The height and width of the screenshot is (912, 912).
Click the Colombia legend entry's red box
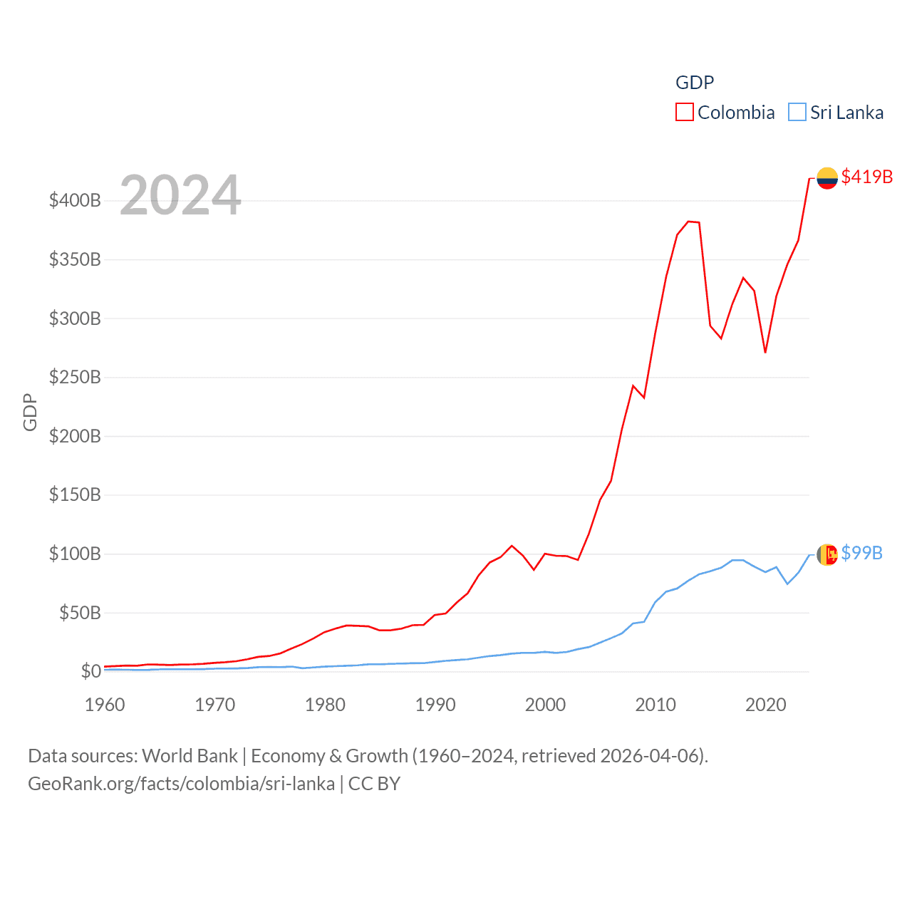point(684,113)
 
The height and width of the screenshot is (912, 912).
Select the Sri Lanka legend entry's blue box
point(797,113)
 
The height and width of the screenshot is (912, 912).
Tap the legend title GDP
point(694,83)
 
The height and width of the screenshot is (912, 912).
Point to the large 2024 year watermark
point(180,195)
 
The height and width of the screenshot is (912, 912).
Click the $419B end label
point(866,177)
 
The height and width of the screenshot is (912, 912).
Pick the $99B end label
point(861,553)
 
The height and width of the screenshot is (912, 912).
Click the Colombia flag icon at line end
point(826,178)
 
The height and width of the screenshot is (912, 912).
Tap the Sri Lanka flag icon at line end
point(826,554)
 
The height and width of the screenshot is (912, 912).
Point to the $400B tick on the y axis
point(75,200)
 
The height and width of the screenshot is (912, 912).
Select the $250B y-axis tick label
point(75,377)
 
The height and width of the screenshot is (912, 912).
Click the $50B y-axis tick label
point(80,613)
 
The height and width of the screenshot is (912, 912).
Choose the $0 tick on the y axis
point(90,671)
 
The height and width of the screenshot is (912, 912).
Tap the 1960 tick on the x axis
point(105,705)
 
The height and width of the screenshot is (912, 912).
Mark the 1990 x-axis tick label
point(435,705)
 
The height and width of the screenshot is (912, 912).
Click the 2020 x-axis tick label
point(765,705)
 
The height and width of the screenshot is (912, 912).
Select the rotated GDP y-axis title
point(30,412)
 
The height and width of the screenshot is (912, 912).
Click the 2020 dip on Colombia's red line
point(765,352)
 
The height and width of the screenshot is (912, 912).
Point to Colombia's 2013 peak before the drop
point(688,222)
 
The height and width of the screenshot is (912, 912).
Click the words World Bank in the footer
point(190,755)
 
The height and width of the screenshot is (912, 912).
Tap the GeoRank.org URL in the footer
point(181,784)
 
